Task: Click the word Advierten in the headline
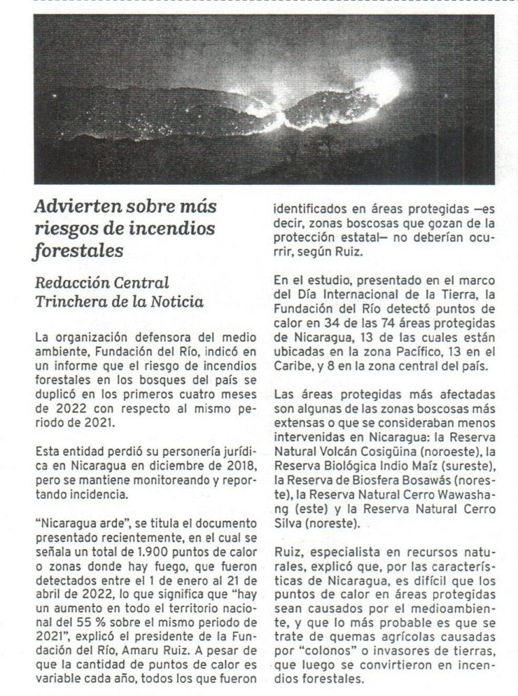pos(72,207)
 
